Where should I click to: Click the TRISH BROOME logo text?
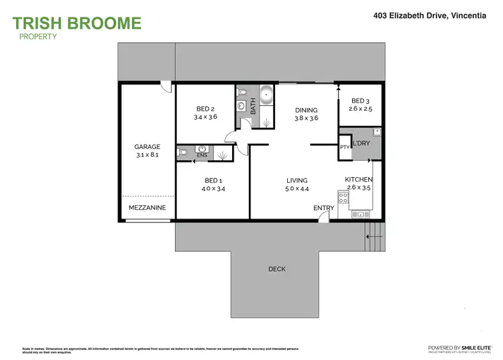click(77, 23)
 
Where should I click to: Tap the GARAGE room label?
click(147, 147)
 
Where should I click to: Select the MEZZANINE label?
click(147, 208)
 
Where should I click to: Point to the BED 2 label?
click(205, 109)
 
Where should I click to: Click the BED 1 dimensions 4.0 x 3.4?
click(213, 188)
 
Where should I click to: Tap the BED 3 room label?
click(360, 101)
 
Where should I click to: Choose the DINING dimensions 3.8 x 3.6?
click(306, 119)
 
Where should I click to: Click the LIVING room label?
click(296, 180)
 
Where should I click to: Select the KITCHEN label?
click(359, 180)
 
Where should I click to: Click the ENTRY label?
click(323, 208)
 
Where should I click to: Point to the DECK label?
click(277, 269)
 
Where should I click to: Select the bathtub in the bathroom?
click(267, 96)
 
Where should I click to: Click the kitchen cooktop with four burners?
click(343, 197)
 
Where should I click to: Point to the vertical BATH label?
click(254, 106)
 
